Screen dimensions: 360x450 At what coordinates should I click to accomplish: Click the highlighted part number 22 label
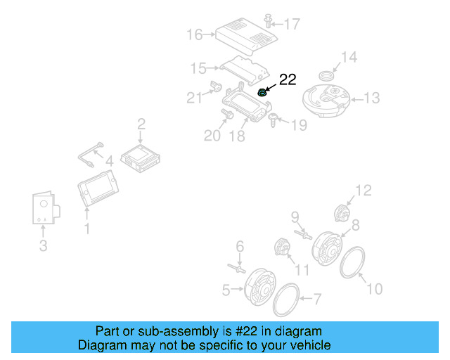(x=288, y=79)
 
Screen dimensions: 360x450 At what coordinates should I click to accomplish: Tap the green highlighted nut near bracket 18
(x=262, y=92)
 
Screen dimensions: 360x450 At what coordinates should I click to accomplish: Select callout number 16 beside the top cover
(x=195, y=34)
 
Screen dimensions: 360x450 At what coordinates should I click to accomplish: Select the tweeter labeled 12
(x=341, y=212)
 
